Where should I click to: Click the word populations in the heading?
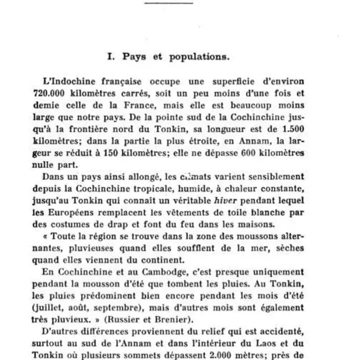pos(199,58)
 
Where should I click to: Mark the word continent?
pos(153,259)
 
